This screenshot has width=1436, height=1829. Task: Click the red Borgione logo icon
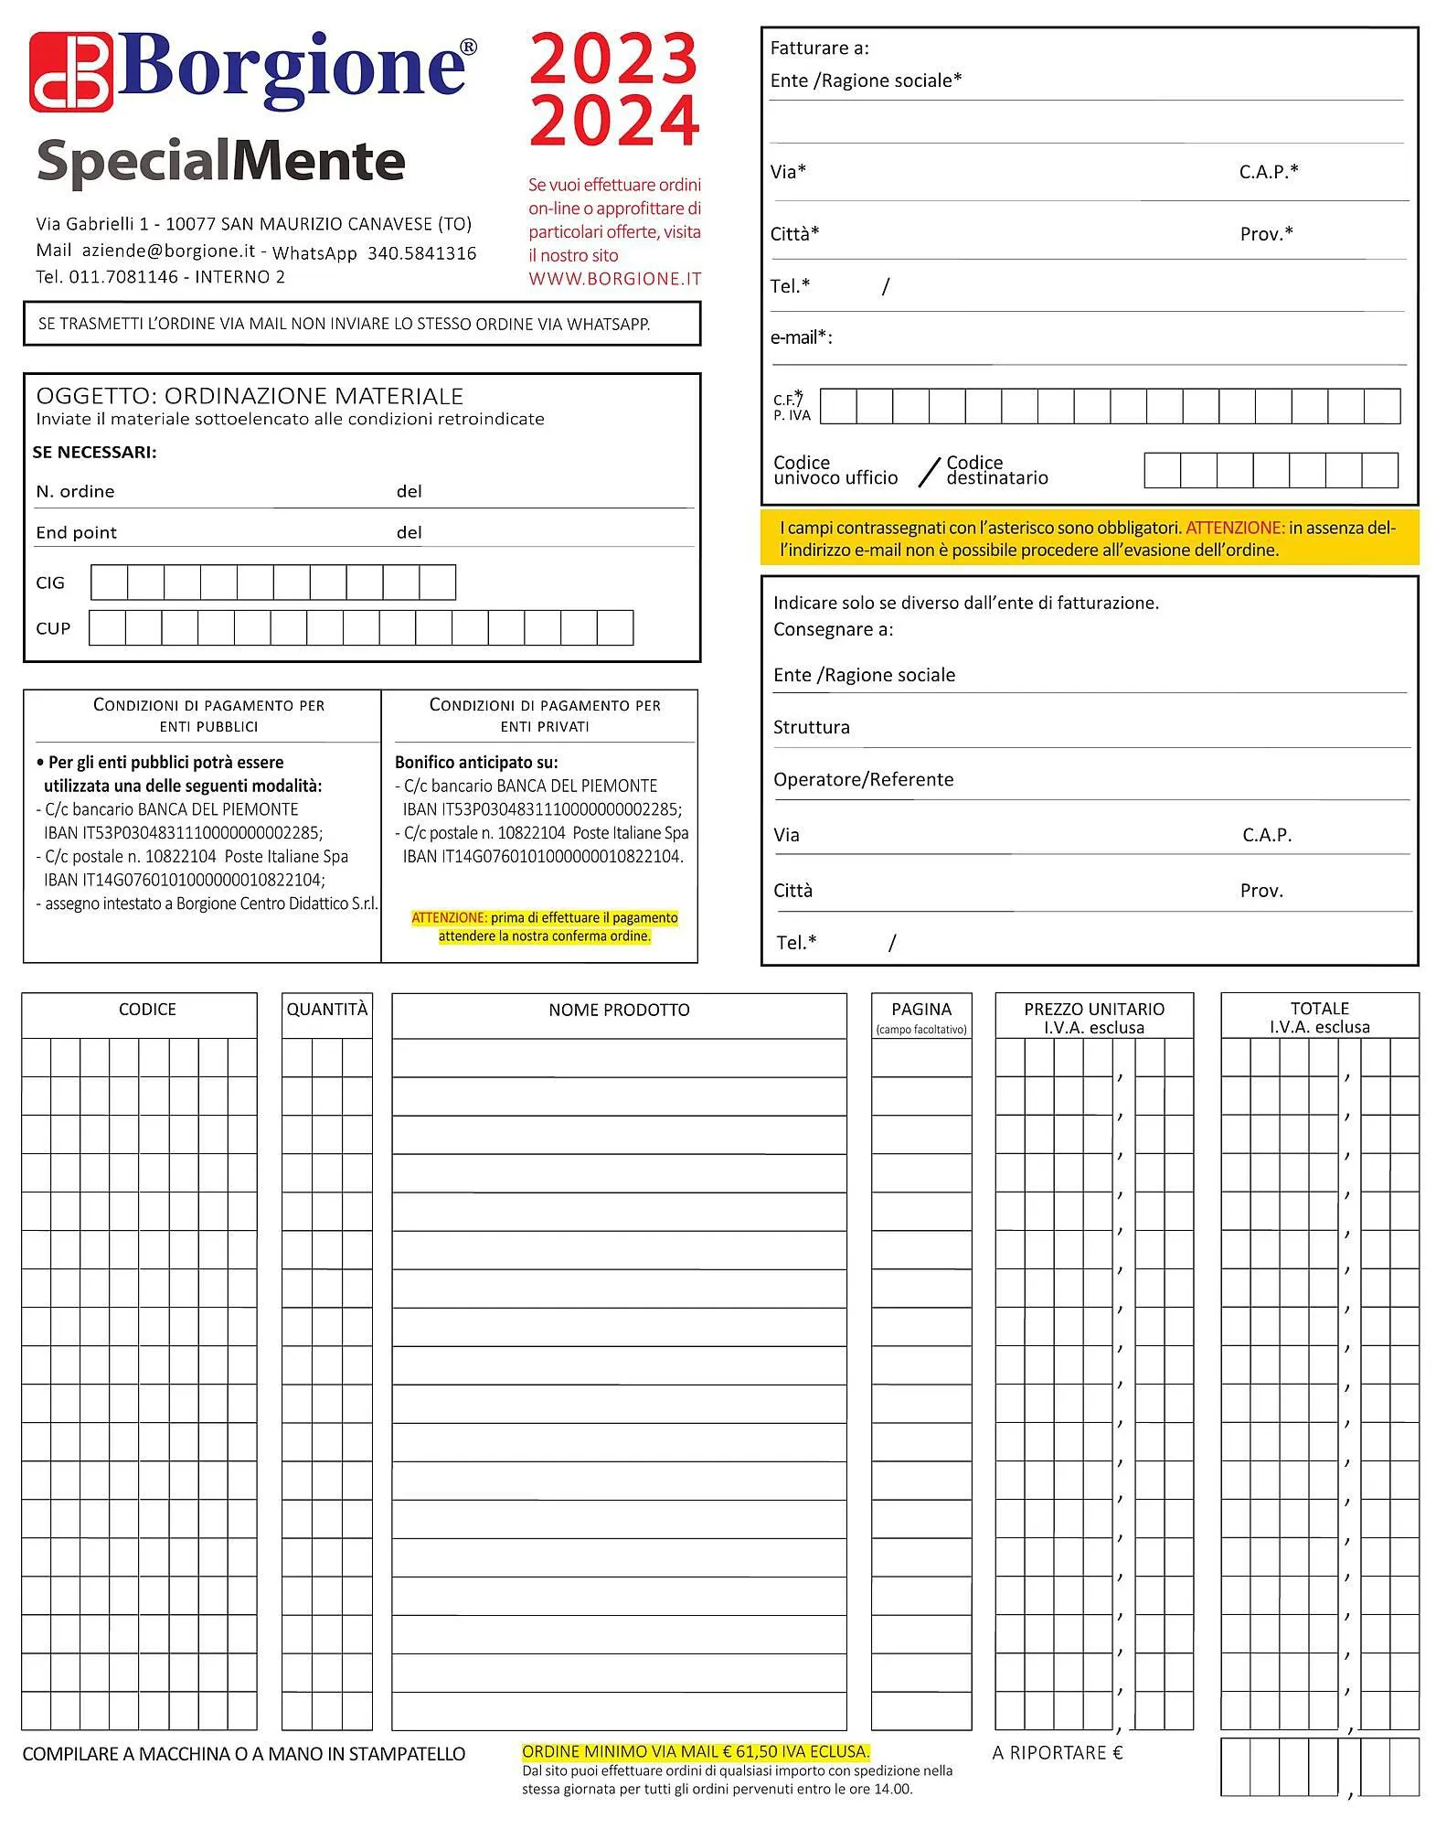(x=71, y=72)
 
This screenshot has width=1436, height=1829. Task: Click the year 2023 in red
(x=613, y=59)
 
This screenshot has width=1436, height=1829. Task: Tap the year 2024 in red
(x=613, y=120)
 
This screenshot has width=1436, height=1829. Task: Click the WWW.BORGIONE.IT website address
(x=614, y=279)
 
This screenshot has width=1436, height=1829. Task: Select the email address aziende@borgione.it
(x=168, y=251)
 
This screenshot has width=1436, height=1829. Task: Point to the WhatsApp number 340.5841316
(x=421, y=253)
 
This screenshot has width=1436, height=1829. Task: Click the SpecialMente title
(x=220, y=162)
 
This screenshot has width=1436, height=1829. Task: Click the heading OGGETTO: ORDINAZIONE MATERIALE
(x=250, y=396)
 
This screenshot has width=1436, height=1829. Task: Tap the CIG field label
(x=50, y=583)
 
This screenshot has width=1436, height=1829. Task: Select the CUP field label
(x=53, y=628)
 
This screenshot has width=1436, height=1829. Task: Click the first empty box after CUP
(x=107, y=628)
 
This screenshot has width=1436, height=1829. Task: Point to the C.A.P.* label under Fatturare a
(x=1269, y=172)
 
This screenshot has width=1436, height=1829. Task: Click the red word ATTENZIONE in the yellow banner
(x=1234, y=528)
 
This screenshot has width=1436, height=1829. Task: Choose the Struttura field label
(x=811, y=727)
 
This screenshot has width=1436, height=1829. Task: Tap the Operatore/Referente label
(x=863, y=779)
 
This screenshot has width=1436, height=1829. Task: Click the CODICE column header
(x=147, y=1009)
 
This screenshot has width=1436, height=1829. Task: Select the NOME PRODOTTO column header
(x=619, y=1010)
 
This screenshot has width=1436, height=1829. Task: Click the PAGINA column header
(x=921, y=1009)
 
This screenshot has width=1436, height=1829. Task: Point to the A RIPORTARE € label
(x=1058, y=1752)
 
